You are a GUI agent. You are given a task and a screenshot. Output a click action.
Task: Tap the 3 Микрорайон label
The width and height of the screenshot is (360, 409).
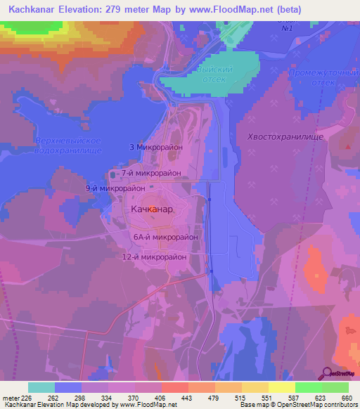pos(156,148)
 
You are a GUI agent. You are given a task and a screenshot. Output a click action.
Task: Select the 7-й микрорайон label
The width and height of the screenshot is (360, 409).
pos(150,173)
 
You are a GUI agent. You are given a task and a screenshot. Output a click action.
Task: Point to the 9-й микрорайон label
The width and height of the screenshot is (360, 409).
pos(115,188)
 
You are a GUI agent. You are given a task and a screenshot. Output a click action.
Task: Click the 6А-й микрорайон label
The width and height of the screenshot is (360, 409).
pos(165,238)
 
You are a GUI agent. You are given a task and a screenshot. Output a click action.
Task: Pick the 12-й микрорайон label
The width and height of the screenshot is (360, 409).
pos(154,257)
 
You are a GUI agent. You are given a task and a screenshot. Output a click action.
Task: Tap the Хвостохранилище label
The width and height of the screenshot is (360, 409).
pos(285,138)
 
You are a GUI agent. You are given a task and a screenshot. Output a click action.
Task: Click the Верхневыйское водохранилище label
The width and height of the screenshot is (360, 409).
pos(68,146)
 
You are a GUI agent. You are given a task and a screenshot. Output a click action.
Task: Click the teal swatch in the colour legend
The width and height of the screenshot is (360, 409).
pos(41,387)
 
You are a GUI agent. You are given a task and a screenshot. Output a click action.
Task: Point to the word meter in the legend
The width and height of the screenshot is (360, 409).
pos(11,397)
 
